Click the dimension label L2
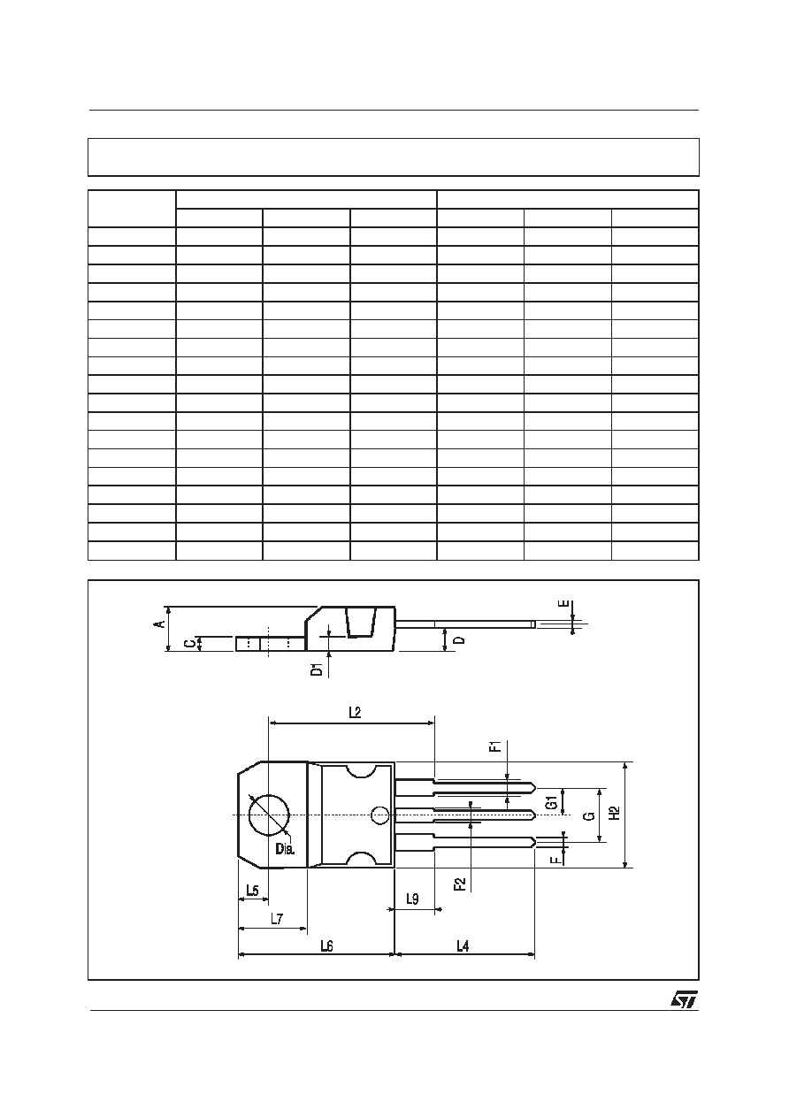coord(355,712)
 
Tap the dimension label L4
coord(463,945)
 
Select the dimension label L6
coord(326,945)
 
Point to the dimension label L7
coord(277,918)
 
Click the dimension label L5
coord(253,891)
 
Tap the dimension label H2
coord(615,813)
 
